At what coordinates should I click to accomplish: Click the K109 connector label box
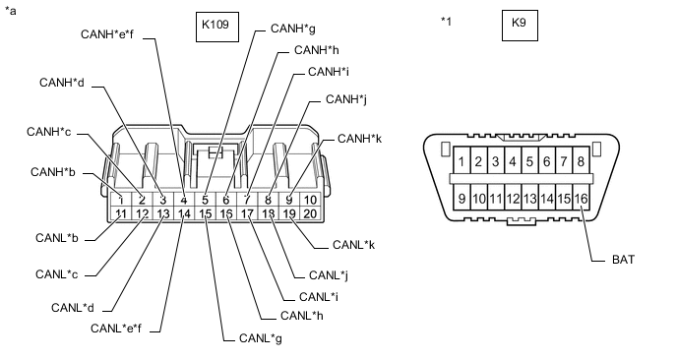tap(216, 26)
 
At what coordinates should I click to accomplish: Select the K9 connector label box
tap(520, 26)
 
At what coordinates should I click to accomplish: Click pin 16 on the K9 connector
tap(581, 199)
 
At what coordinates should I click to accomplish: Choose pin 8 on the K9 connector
tap(581, 160)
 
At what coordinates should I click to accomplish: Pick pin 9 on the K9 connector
tap(461, 199)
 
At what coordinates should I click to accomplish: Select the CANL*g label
tap(260, 338)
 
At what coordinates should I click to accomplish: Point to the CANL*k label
tap(353, 243)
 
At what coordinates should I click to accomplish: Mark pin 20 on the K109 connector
tap(311, 212)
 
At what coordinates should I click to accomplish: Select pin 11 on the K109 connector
tap(120, 212)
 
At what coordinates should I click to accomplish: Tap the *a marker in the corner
tap(12, 11)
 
